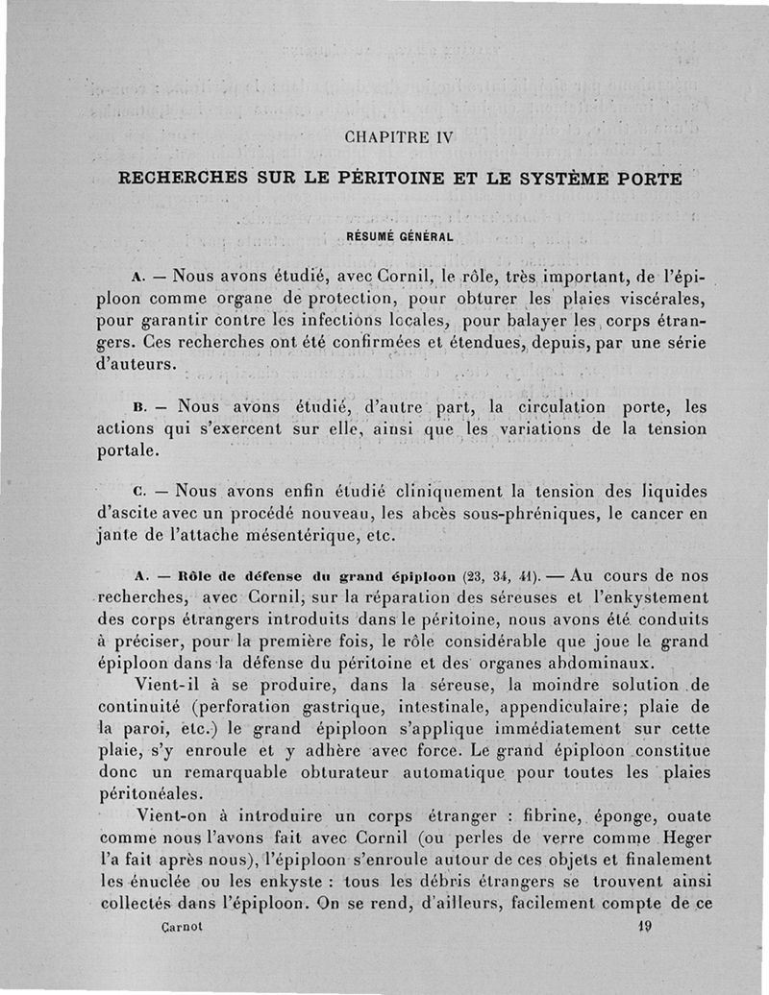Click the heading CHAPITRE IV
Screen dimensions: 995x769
(x=397, y=136)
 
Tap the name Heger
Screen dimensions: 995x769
(x=681, y=836)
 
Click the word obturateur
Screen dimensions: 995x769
(x=321, y=773)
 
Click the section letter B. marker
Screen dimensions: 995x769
(x=140, y=407)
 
